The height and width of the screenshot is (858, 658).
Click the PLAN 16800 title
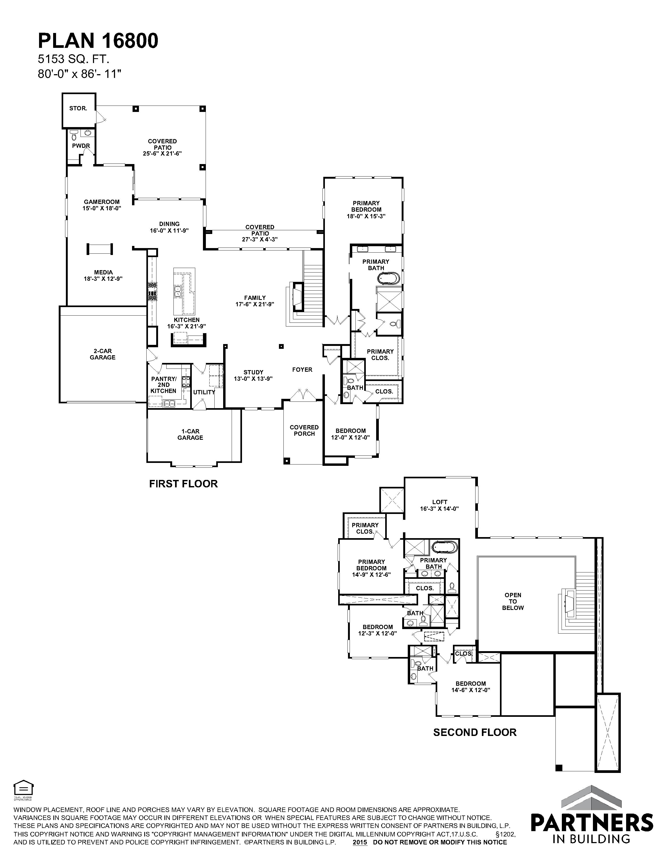[x=98, y=40]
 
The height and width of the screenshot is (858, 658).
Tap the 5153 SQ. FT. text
[x=73, y=59]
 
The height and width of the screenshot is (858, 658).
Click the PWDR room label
[x=81, y=146]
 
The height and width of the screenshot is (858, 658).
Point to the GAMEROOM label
[x=101, y=202]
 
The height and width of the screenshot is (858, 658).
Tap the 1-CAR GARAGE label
[x=190, y=434]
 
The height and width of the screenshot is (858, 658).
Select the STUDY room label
[x=253, y=372]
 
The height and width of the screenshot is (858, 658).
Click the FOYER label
[x=302, y=369]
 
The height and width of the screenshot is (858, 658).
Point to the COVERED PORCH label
[x=304, y=430]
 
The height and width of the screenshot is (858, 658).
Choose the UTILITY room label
[x=204, y=392]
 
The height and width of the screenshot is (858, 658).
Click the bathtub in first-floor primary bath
[x=389, y=279]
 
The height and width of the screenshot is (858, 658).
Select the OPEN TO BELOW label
[x=513, y=601]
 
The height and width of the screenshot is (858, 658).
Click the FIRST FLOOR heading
[x=183, y=484]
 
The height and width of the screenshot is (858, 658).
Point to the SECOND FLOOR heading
[x=475, y=732]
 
